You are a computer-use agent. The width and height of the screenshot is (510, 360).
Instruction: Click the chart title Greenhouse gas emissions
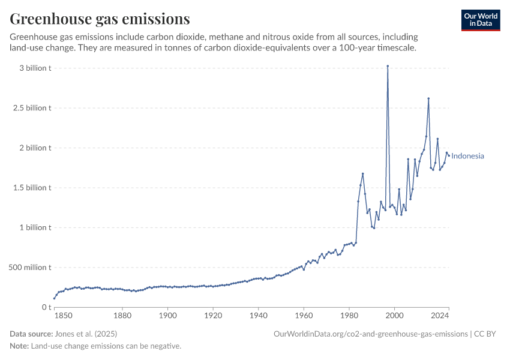pos(100,19)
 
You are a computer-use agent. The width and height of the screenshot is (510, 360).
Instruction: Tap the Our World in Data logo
pos(480,20)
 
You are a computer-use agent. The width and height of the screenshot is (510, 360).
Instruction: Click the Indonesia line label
pos(467,156)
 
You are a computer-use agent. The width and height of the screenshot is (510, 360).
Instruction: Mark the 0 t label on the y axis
pos(46,307)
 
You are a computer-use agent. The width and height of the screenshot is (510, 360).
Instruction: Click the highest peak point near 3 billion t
pos(388,66)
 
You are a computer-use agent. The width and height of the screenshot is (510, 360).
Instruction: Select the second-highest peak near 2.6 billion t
pos(428,98)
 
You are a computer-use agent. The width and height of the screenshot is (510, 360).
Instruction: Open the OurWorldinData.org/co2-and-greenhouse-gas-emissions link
pos(370,334)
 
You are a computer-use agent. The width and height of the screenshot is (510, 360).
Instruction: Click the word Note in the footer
pos(19,346)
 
